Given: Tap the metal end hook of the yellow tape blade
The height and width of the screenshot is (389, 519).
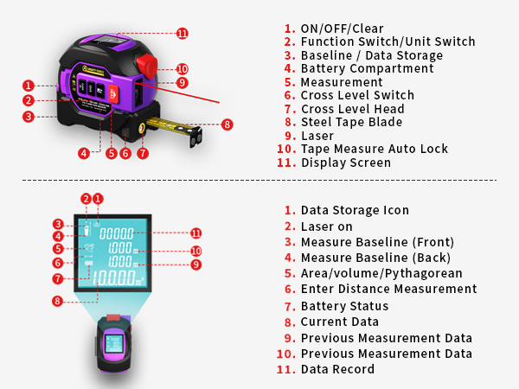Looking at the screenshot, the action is (x=196, y=137).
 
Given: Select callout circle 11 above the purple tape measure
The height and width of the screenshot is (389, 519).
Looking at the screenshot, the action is (x=183, y=34).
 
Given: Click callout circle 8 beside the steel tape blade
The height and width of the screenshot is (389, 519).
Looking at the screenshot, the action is (x=227, y=124).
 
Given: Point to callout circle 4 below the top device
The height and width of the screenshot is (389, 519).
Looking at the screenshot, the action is (x=84, y=153).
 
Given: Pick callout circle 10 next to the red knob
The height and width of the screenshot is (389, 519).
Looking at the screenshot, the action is (x=182, y=69).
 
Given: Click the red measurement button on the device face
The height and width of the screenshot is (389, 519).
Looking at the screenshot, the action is (x=113, y=94).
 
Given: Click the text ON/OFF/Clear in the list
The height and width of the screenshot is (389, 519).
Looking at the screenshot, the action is (x=342, y=29).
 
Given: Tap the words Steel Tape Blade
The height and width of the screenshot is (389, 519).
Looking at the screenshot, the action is (x=351, y=122).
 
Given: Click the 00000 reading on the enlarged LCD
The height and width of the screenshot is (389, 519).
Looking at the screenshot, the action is (x=117, y=234).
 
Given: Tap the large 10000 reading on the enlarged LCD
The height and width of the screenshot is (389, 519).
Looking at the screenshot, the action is (x=114, y=277).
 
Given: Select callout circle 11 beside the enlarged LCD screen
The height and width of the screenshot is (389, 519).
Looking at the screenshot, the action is (x=196, y=233).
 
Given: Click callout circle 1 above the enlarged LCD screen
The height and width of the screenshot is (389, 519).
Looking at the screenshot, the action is (x=98, y=199).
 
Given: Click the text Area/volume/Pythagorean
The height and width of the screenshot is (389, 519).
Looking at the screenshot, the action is (x=381, y=273).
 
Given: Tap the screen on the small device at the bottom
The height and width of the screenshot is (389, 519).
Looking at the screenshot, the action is (x=114, y=344).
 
